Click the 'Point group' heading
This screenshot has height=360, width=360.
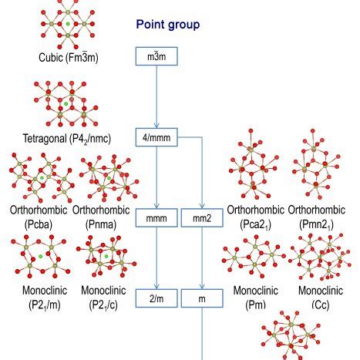point(168,24)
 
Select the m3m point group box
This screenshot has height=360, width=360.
point(156,57)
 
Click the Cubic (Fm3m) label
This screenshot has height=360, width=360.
point(69,58)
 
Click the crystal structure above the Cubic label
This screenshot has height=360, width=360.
point(68,24)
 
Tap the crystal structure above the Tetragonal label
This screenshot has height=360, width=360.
point(69,102)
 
